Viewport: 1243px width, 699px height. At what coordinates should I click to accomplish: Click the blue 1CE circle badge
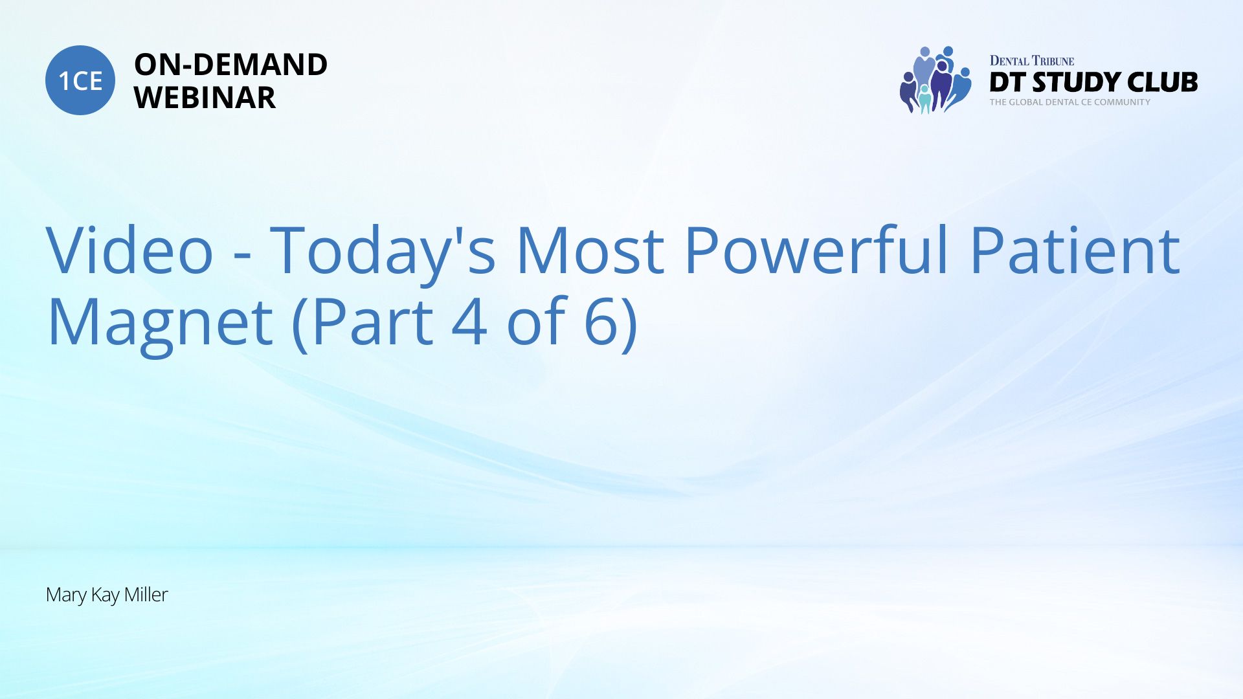point(80,80)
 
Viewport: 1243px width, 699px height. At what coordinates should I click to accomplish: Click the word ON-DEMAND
point(230,65)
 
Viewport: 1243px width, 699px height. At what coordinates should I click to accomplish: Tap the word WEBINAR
point(205,98)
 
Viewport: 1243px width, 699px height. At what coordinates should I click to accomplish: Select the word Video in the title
point(129,250)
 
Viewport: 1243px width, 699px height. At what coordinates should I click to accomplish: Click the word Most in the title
point(590,251)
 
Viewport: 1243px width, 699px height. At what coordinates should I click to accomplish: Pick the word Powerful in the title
point(817,250)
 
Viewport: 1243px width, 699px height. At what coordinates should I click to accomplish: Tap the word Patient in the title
point(1075,250)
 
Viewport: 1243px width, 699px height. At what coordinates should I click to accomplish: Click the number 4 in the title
point(469,322)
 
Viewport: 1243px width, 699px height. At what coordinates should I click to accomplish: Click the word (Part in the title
point(363,323)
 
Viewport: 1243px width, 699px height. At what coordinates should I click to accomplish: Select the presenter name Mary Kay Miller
point(107,595)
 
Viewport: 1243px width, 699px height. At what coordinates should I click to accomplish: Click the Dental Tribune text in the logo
point(1032,61)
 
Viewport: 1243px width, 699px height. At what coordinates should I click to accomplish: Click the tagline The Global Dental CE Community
point(1070,102)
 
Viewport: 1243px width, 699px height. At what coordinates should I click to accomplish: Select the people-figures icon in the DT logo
point(935,80)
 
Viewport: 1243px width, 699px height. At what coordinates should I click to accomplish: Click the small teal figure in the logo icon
point(924,99)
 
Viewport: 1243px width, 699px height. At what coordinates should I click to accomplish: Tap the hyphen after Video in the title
point(242,260)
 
